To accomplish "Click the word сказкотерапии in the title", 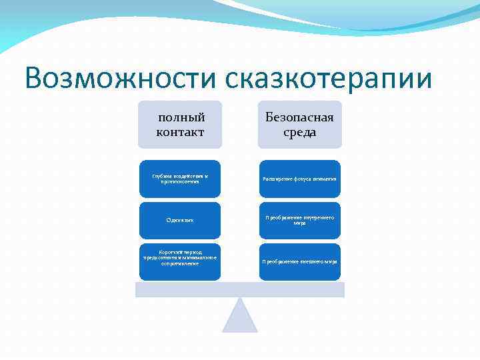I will click(328, 78).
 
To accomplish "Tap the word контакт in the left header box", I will click(180, 131).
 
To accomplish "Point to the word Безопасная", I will click(299, 117).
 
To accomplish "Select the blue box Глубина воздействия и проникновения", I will click(180, 179).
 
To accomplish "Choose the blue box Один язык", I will click(180, 220).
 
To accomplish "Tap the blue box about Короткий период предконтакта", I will click(180, 260).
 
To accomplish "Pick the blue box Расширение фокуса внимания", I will click(299, 179).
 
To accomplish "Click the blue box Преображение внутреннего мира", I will click(299, 220).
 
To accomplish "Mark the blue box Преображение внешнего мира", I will click(299, 261).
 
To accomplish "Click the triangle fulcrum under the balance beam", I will click(239, 317).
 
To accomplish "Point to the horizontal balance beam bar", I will click(239, 289).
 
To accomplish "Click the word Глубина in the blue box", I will click(163, 176).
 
